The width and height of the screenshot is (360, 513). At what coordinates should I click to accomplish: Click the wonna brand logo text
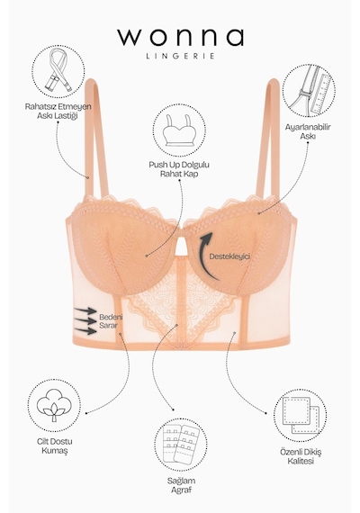180,37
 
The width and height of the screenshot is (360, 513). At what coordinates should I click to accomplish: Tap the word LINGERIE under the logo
180,56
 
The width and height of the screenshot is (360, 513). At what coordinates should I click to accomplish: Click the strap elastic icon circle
58,72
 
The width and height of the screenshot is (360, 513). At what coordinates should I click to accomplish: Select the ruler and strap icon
309,90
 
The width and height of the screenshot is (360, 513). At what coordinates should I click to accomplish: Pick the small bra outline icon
179,130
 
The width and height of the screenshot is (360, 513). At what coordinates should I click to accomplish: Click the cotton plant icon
54,405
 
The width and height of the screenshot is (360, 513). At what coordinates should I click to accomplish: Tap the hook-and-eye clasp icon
181,444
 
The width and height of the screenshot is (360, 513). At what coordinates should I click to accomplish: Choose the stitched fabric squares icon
300,416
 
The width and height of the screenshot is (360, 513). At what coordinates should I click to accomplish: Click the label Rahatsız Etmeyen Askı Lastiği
58,112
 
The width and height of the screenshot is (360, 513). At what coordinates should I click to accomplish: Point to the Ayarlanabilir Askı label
308,131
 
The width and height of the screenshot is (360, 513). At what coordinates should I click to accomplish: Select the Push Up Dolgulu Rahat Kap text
179,169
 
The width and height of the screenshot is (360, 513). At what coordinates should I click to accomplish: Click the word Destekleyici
229,256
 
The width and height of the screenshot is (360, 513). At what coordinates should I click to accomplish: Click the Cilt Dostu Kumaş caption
55,445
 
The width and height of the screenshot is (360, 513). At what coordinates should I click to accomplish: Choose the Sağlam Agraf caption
181,485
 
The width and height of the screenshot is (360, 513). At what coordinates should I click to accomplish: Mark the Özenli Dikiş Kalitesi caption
301,456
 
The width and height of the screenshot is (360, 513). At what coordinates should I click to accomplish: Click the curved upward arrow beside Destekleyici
202,256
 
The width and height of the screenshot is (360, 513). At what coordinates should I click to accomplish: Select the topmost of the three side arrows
85,310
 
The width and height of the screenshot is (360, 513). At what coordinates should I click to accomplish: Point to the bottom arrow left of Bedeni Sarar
85,331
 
